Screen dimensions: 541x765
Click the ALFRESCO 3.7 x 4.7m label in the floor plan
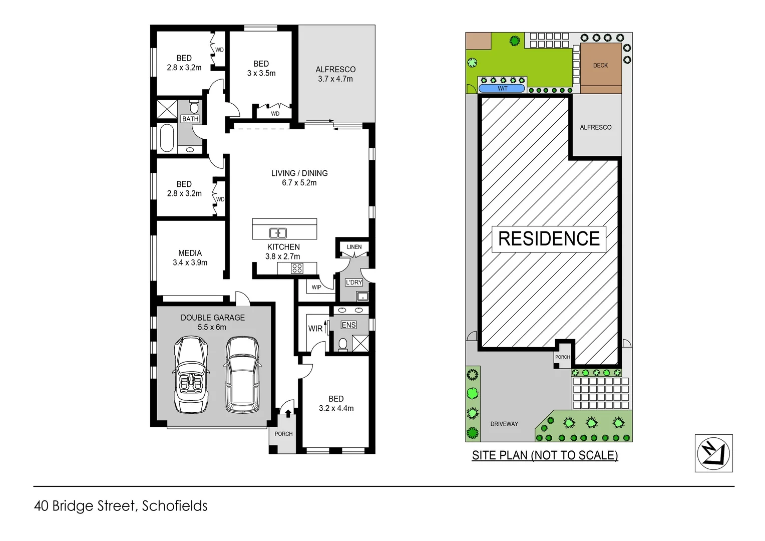[x=335, y=74]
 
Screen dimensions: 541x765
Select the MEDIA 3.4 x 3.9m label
[x=190, y=257]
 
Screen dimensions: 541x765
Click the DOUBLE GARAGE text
[x=213, y=318]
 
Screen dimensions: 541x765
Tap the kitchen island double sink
[x=277, y=233]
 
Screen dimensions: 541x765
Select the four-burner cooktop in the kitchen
[x=297, y=268]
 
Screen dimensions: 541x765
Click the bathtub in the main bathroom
[x=167, y=138]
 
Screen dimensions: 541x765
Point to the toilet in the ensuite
[x=343, y=344]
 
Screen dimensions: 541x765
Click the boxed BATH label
[x=190, y=119]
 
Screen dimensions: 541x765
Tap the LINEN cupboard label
[x=354, y=247]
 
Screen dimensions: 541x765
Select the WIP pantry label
[x=316, y=287]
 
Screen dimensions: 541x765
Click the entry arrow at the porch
[x=288, y=413]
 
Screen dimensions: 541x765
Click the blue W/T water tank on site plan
[x=502, y=89]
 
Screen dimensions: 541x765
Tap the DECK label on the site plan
[x=600, y=65]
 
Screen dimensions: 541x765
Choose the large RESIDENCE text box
[x=549, y=239]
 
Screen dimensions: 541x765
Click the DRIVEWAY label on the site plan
[x=504, y=424]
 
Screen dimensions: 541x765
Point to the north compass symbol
[x=713, y=453]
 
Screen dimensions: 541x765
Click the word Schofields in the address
[x=175, y=506]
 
